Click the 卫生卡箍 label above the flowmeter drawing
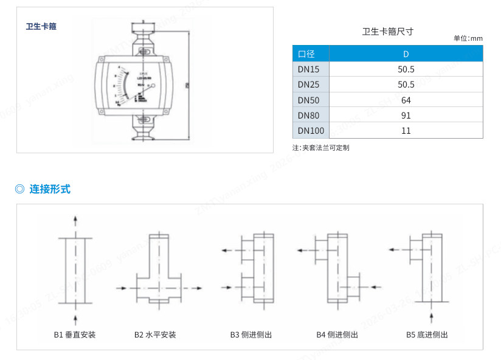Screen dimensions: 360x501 41,26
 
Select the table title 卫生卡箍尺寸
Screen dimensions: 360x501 387,32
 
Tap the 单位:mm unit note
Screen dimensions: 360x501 468,38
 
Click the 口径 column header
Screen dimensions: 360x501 306,54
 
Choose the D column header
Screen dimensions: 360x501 406,54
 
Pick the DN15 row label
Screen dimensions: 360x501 308,69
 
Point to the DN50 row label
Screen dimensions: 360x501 308,100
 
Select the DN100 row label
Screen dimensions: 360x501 311,130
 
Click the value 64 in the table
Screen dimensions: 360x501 406,100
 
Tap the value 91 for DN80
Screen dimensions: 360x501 406,115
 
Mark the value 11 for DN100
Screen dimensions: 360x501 406,130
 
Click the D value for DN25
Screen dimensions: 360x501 406,85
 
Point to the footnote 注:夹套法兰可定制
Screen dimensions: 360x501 320,147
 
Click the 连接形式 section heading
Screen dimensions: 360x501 50,189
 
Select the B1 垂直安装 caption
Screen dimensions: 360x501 75,334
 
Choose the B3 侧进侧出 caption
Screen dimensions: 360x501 250,334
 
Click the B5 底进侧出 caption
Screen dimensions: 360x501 427,334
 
